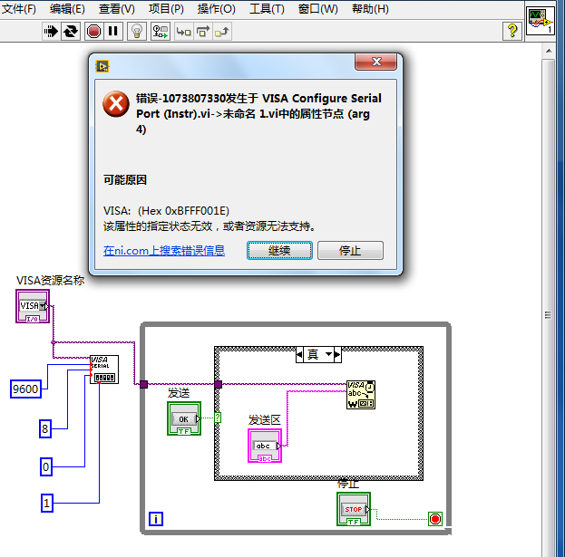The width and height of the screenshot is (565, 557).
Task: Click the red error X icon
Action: click(116, 105)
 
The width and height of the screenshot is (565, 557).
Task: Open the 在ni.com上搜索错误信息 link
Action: click(164, 251)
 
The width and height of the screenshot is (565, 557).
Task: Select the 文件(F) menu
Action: click(19, 9)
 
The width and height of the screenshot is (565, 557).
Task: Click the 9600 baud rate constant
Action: click(25, 389)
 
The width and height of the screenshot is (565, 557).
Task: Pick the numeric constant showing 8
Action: click(45, 428)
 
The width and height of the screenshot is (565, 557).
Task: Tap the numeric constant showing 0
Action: click(45, 466)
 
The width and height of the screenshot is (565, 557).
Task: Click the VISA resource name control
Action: click(34, 306)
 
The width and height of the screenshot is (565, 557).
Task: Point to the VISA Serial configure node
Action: click(103, 370)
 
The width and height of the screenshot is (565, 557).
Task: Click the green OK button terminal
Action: click(183, 418)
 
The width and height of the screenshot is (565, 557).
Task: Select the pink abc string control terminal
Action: click(265, 446)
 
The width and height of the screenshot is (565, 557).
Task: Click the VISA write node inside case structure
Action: click(359, 394)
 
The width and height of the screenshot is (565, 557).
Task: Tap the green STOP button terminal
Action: click(353, 509)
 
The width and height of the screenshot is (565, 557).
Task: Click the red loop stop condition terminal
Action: click(434, 519)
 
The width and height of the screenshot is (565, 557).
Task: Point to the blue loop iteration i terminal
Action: click(156, 519)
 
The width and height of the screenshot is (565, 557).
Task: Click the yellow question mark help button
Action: click(511, 31)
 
